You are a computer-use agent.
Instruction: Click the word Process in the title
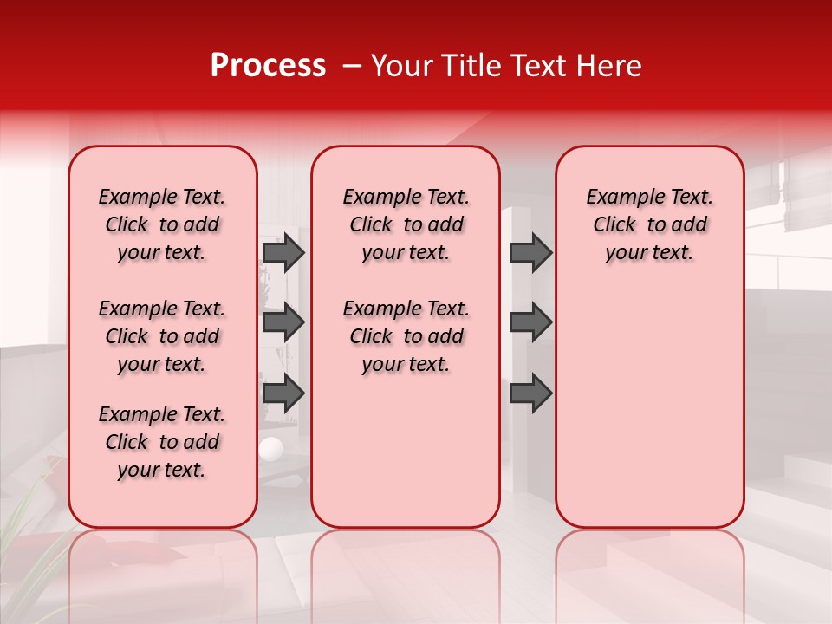point(268,66)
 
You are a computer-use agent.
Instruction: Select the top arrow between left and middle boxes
point(283,252)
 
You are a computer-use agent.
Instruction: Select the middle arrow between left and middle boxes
point(283,322)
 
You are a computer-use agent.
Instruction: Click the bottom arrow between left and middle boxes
point(283,393)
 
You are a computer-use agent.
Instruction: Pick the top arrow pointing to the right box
point(530,252)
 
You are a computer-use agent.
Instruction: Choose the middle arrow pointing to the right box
point(530,322)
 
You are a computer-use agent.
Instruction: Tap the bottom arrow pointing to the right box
point(530,393)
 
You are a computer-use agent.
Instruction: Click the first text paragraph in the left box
point(162,224)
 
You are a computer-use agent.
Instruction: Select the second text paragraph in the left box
point(162,336)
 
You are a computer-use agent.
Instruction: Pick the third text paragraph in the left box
point(162,442)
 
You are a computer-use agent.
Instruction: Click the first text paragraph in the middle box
point(406,224)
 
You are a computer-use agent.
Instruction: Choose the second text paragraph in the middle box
point(406,336)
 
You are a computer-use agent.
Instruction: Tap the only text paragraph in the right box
point(649,224)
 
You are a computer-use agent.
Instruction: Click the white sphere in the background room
point(271,449)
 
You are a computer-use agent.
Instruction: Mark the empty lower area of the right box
point(649,407)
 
